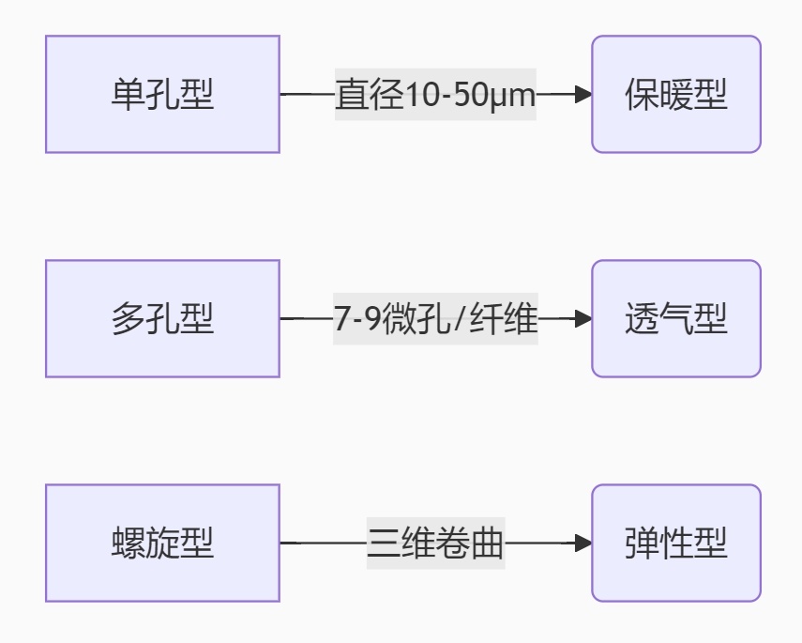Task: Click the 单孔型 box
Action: click(162, 95)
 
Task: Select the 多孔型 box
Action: click(162, 319)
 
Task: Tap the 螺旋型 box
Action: click(162, 543)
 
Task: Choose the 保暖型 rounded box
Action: click(675, 95)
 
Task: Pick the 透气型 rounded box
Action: click(675, 319)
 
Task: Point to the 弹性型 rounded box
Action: click(675, 543)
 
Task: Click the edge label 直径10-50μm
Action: click(435, 95)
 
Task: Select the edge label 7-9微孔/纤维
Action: click(435, 319)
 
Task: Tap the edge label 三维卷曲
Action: click(435, 543)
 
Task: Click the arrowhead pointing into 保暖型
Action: click(583, 95)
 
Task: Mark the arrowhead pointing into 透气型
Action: click(583, 319)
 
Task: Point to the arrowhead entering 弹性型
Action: click(583, 543)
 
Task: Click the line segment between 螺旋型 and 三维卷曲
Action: click(323, 543)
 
